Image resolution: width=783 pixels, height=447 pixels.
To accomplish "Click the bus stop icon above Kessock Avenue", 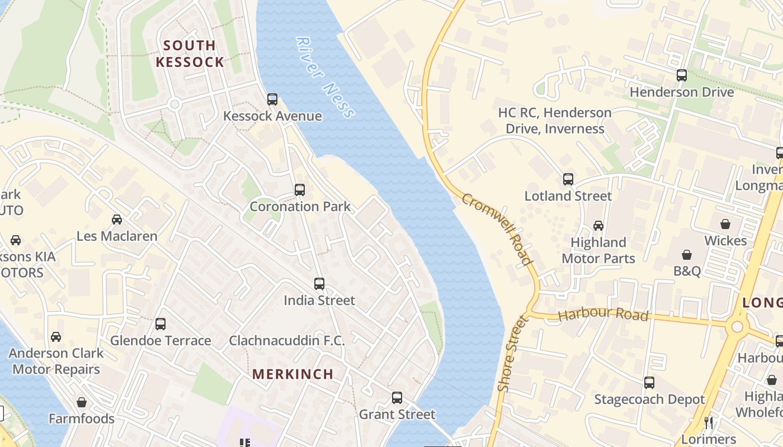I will pos(272,99).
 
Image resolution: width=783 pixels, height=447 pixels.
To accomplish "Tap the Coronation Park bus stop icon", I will pos(300,190).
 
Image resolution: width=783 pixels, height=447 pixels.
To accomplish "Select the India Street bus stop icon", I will pos(319,284).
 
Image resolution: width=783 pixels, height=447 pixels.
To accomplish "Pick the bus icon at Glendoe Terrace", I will pos(161,324).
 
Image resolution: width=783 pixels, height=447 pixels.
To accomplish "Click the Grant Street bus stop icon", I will pos(397,398).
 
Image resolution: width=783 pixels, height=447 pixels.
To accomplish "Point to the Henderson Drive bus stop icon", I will pos(682,75).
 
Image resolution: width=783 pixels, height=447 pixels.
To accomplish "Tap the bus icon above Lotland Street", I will pos(568,179).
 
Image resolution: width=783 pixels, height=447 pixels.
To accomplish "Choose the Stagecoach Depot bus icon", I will pos(649,383).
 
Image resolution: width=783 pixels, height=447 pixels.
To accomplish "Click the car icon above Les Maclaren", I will pos(117,220).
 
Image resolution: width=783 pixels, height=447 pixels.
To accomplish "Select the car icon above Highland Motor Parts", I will pos(598,226).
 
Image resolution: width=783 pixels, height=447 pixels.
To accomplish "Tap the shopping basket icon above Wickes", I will pos(725,224).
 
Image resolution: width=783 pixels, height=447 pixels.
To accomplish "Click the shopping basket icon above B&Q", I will pos(687,255).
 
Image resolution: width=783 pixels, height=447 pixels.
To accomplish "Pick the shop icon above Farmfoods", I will pos(82,402).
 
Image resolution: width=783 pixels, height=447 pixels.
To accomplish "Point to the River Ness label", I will pos(325,78).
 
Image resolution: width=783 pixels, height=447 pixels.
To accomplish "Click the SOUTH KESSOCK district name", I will pos(190,54).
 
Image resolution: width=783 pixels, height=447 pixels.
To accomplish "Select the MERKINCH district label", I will pos(293,374).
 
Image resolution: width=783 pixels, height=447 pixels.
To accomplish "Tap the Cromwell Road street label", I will pos(497,229).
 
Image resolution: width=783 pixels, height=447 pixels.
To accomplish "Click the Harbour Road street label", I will pos(603,315).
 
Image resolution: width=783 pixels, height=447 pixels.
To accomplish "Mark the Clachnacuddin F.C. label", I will pos(287,340).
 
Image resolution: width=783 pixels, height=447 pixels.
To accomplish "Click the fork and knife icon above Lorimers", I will pos(709,423).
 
